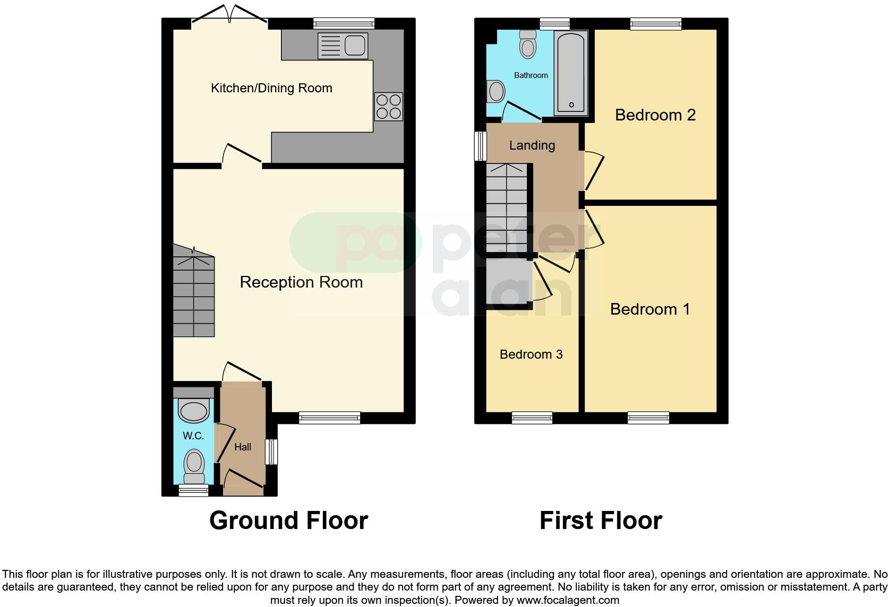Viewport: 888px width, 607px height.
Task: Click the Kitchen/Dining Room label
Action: [x=271, y=88]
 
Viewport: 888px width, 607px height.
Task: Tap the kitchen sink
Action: [x=343, y=45]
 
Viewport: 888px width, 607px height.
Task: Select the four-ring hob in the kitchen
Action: [x=388, y=106]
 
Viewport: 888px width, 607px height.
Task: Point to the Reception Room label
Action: [x=301, y=282]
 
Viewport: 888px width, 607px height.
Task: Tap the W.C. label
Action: [x=193, y=436]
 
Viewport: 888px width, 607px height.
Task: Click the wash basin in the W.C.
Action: [x=193, y=410]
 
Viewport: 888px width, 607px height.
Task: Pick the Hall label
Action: [x=243, y=447]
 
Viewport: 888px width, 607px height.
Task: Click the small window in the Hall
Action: [x=271, y=452]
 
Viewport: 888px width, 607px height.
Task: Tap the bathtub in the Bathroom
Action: [x=571, y=73]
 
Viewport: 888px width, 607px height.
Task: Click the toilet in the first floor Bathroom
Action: [x=528, y=44]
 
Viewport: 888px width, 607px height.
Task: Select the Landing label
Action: [x=532, y=145]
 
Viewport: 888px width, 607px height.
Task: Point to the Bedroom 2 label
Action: [x=655, y=115]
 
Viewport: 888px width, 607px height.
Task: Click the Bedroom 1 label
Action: [x=650, y=309]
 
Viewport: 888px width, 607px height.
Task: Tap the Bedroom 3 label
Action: [x=531, y=354]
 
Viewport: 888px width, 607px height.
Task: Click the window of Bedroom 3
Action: [x=532, y=418]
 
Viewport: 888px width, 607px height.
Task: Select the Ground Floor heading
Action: [x=288, y=521]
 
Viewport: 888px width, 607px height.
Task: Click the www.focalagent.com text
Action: [x=568, y=600]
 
